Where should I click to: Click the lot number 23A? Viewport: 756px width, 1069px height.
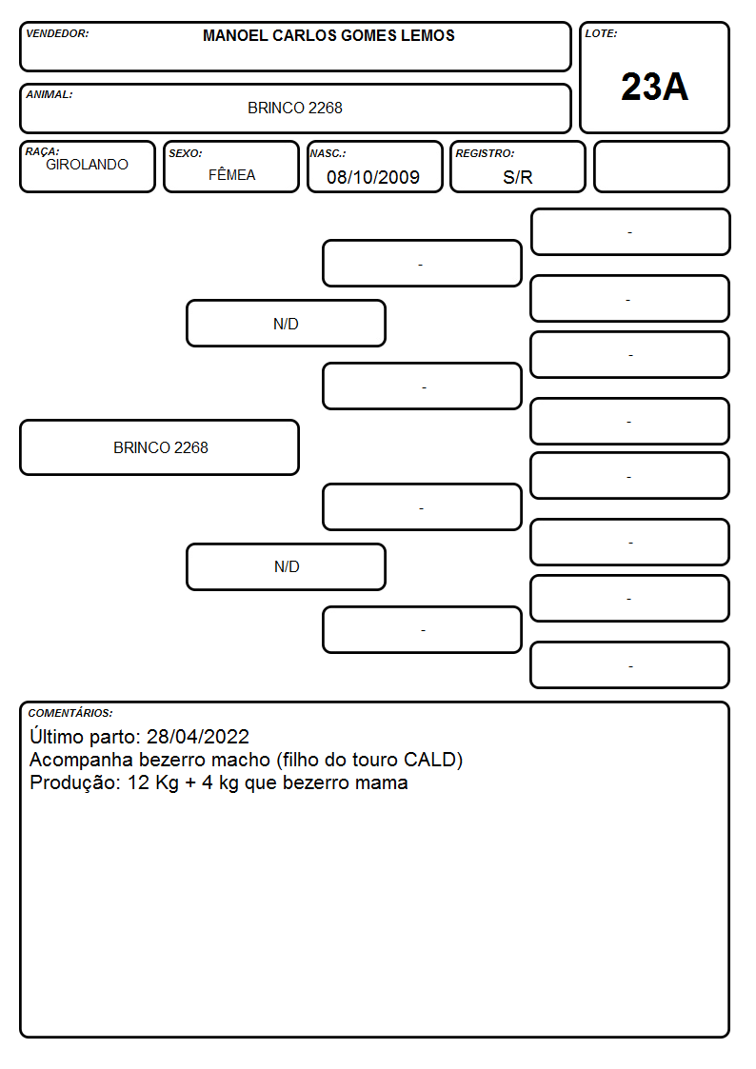(654, 87)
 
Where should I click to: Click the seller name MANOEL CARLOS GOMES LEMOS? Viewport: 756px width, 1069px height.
(328, 35)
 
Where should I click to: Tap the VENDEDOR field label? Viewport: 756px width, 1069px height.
(57, 33)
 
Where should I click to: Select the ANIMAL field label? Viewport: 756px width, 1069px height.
(50, 95)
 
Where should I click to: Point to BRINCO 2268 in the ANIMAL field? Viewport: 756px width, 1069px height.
(294, 108)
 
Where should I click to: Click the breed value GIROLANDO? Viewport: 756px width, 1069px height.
(87, 165)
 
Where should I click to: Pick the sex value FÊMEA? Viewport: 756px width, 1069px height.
(231, 174)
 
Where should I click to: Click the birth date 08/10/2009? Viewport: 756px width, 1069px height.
(373, 177)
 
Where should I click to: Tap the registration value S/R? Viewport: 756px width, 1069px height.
(517, 177)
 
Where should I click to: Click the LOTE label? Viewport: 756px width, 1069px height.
(601, 33)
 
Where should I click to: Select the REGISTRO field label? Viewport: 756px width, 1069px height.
(485, 153)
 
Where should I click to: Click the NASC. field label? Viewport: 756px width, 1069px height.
(328, 153)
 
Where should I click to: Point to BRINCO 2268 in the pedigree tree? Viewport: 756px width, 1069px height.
(160, 447)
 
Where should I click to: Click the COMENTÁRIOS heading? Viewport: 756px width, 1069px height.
(70, 713)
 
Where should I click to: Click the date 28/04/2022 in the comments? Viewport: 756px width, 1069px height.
(198, 736)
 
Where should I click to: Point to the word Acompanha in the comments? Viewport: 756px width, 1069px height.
(81, 761)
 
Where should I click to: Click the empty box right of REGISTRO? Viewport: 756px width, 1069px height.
(661, 167)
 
